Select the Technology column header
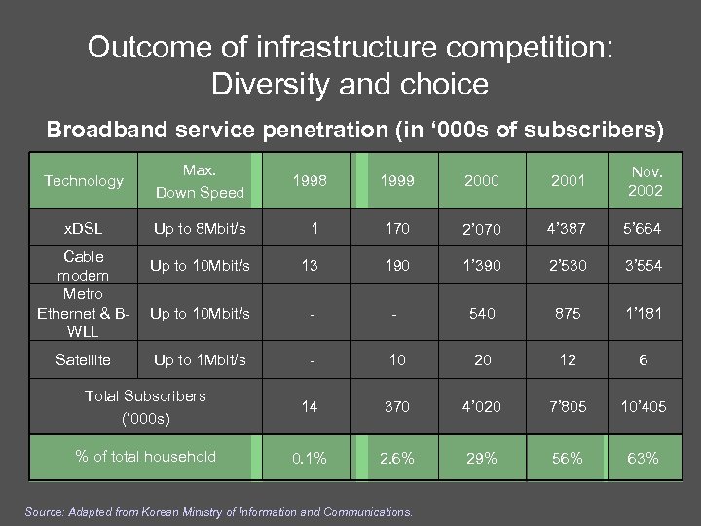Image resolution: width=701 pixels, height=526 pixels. click(84, 181)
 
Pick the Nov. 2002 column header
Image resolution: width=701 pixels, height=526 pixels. click(642, 182)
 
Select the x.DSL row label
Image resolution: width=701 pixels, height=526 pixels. click(84, 227)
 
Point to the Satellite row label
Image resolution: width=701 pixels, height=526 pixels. click(84, 359)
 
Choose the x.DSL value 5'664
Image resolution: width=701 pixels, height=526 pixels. click(642, 230)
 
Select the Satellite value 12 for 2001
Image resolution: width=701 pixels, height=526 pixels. click(564, 360)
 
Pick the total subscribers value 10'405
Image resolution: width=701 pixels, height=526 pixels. click(642, 406)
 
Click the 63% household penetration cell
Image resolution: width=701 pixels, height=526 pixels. click(642, 458)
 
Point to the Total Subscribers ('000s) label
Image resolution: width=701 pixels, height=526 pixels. click(145, 405)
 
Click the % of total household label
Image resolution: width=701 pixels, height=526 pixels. click(145, 456)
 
